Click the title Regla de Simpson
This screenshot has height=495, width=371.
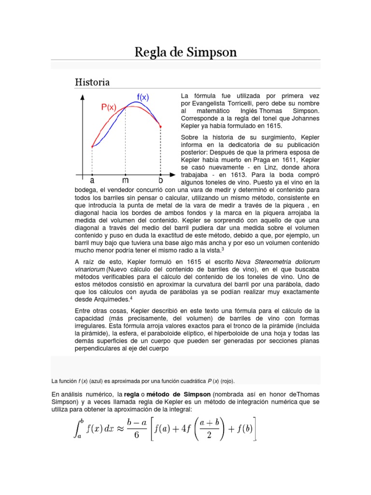coord(185,52)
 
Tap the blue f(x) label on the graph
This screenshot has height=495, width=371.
coord(143,97)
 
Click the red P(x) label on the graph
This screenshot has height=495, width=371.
coord(109,107)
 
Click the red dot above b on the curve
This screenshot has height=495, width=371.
coord(161,127)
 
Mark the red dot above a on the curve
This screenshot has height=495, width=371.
coord(92,146)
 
